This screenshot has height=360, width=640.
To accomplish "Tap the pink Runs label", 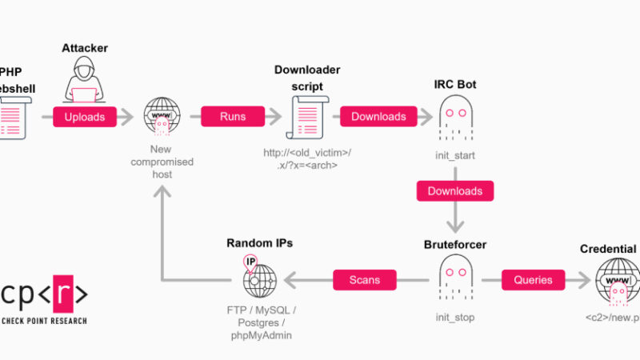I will (x=233, y=117).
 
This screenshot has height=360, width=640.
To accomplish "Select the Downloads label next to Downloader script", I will (x=378, y=117).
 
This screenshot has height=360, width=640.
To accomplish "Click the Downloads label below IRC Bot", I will (x=454, y=191).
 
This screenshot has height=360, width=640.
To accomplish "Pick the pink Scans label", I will (x=365, y=280).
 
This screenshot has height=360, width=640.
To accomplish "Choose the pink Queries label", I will (x=533, y=280).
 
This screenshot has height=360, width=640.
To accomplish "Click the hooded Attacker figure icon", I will (x=84, y=81).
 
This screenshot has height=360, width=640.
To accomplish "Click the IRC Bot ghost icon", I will (x=457, y=117).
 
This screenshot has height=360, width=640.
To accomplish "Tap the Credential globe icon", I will (x=617, y=279).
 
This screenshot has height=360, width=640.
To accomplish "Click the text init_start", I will (x=456, y=154).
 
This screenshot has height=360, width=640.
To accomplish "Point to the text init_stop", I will (x=456, y=318).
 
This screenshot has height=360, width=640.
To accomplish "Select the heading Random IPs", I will (x=259, y=243).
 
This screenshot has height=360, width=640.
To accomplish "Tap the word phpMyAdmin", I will (x=260, y=335).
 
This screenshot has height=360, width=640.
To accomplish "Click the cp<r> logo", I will (x=45, y=294).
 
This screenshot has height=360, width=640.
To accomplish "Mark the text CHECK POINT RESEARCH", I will (x=44, y=321).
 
